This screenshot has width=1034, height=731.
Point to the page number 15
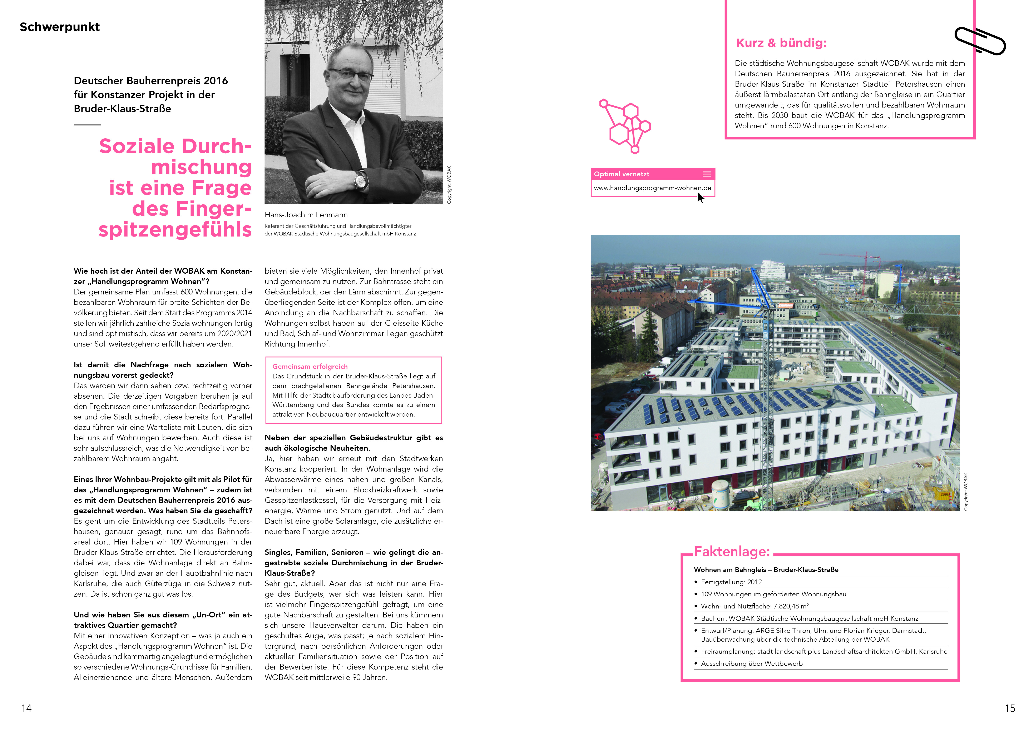(1010, 708)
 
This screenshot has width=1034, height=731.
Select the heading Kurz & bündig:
(781, 43)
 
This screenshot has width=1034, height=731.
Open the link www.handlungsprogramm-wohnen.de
(652, 188)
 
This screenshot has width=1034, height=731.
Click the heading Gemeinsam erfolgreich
(310, 366)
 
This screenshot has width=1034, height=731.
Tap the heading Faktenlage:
(732, 551)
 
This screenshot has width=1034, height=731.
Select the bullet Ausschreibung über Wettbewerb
(751, 663)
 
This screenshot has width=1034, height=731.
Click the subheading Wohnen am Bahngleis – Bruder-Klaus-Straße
(766, 570)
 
